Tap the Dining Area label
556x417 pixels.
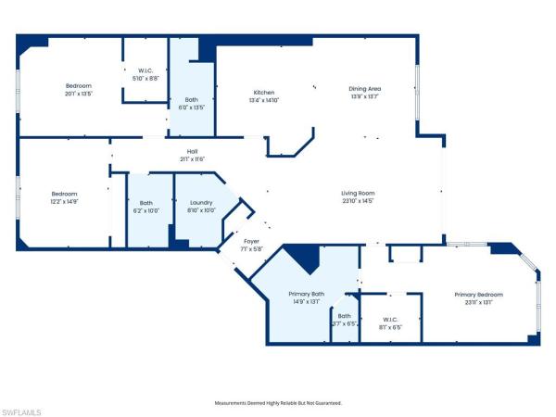click(x=365, y=89)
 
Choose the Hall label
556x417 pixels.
click(x=192, y=151)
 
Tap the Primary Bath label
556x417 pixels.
click(x=304, y=294)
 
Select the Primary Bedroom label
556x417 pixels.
click(x=478, y=294)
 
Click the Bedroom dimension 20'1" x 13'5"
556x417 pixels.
click(x=79, y=93)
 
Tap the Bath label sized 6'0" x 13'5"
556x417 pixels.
click(x=192, y=107)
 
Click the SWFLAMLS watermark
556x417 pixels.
click(x=22, y=409)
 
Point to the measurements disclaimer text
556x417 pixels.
click(x=278, y=403)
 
